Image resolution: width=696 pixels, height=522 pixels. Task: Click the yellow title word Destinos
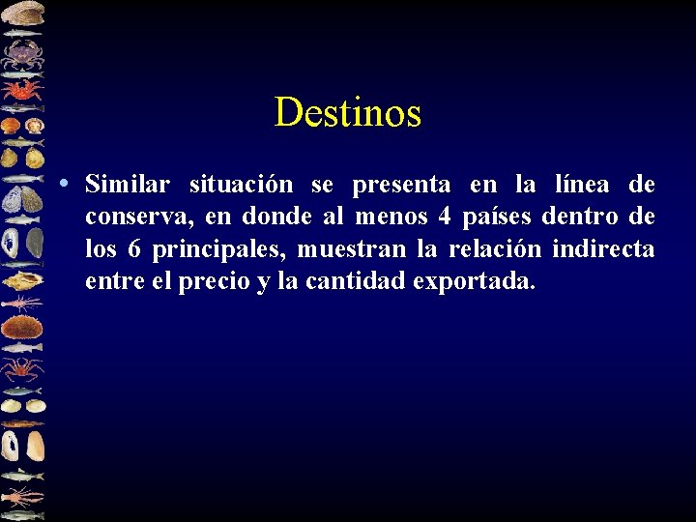pyautogui.click(x=347, y=113)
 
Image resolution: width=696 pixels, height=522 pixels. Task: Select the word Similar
pyautogui.click(x=128, y=184)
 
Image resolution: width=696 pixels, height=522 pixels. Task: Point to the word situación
pyautogui.click(x=241, y=184)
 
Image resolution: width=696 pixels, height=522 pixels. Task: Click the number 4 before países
pyautogui.click(x=442, y=217)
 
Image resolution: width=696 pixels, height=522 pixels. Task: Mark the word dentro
pyautogui.click(x=580, y=217)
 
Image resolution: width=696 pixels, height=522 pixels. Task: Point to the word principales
pyautogui.click(x=218, y=249)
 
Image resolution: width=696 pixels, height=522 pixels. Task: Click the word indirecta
pyautogui.click(x=603, y=249)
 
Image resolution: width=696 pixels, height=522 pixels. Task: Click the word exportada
pyautogui.click(x=473, y=282)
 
